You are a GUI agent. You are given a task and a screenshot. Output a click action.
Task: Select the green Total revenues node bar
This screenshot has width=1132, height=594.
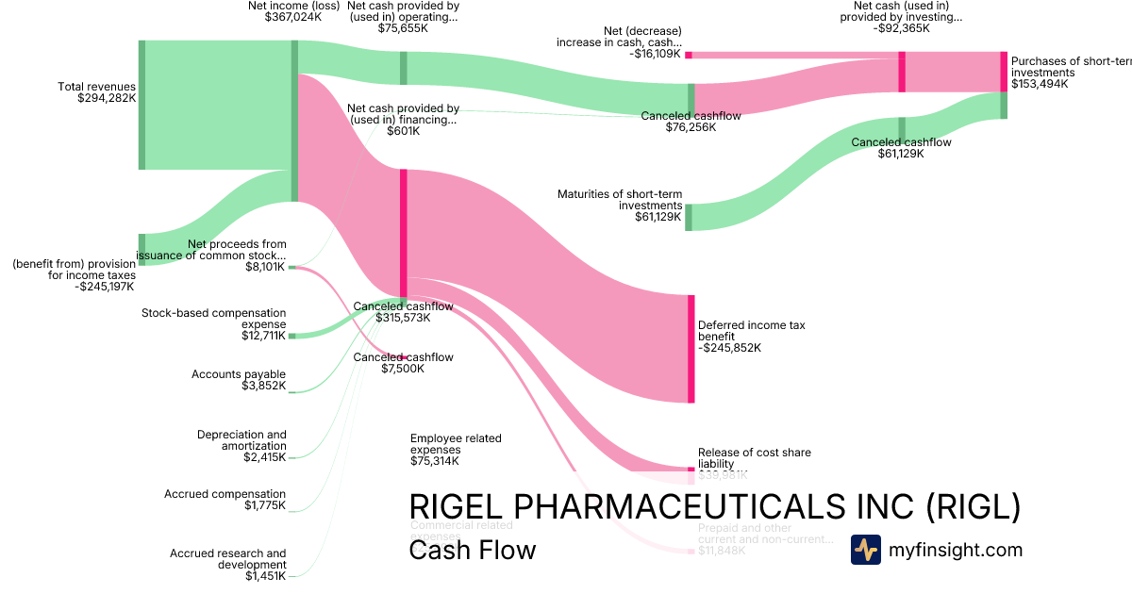pyautogui.click(x=141, y=105)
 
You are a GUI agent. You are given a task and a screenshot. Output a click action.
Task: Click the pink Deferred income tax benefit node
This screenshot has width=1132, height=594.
pyautogui.click(x=691, y=349)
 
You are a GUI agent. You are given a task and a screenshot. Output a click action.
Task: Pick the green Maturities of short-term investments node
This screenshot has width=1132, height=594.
pyautogui.click(x=689, y=217)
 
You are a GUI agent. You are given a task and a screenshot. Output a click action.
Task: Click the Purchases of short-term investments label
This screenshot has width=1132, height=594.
pyautogui.click(x=1070, y=73)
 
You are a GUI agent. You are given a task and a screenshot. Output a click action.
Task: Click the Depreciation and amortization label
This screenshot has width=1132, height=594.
pyautogui.click(x=241, y=446)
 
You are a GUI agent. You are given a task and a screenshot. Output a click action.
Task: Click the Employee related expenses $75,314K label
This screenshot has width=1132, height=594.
pyautogui.click(x=456, y=450)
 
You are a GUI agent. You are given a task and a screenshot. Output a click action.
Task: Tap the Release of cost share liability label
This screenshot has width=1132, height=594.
pyautogui.click(x=754, y=458)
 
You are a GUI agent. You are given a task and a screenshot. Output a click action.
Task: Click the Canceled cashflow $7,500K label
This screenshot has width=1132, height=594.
pyautogui.click(x=403, y=363)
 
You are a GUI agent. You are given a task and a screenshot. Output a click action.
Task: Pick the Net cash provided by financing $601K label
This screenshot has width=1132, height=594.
pyautogui.click(x=403, y=120)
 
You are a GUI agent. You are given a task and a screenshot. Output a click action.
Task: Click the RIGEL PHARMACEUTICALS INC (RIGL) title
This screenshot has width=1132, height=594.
pyautogui.click(x=714, y=506)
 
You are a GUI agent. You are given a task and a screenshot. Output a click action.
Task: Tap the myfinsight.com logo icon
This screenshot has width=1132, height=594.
pyautogui.click(x=865, y=550)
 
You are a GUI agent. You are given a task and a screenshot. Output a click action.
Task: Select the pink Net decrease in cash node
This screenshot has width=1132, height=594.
pyautogui.click(x=689, y=55)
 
